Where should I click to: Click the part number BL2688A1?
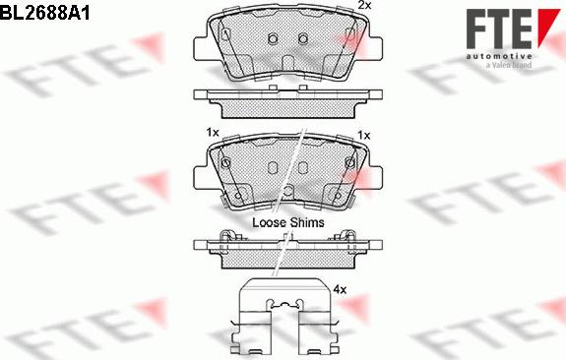[x=44, y=14]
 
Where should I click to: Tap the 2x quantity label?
[x=364, y=5]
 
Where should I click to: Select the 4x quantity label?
[x=340, y=289]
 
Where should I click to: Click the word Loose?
[x=270, y=222]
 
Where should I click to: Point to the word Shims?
[x=307, y=222]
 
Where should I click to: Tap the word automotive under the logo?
[x=499, y=56]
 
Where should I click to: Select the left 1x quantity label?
[x=213, y=133]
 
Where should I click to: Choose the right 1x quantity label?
[x=364, y=136]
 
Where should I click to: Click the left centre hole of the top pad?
[x=273, y=38]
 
